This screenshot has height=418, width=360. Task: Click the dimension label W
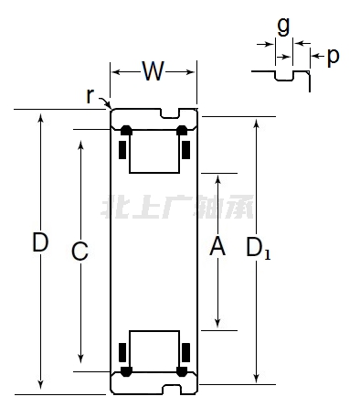tap(154, 71)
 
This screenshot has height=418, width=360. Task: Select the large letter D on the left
tap(40, 241)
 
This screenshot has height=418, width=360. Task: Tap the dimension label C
tap(79, 252)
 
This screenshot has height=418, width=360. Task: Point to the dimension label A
tap(217, 246)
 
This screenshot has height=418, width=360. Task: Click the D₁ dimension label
tap(259, 248)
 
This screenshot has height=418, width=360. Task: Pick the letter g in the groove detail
tap(283, 27)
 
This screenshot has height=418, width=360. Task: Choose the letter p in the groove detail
tap(333, 57)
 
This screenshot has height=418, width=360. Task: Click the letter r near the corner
tap(90, 95)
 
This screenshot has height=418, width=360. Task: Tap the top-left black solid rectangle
tap(122, 150)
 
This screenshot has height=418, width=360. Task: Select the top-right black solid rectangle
tap(185, 150)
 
